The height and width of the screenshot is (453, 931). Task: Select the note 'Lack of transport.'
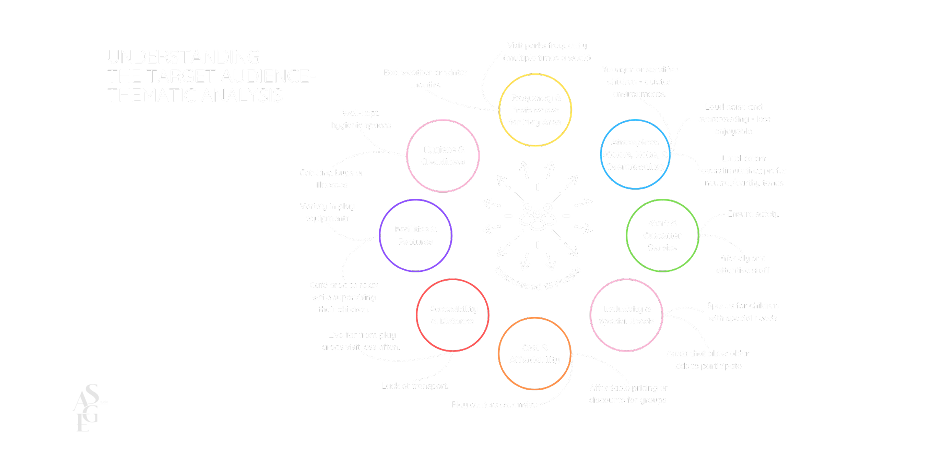pyautogui.click(x=415, y=385)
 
